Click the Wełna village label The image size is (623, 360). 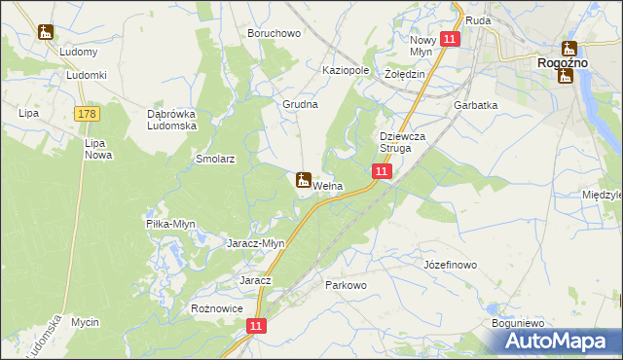pyautogui.click(x=327, y=186)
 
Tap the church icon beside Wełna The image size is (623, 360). pyautogui.click(x=303, y=180)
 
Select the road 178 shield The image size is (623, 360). pyautogui.click(x=87, y=115)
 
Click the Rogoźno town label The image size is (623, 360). pyautogui.click(x=563, y=62)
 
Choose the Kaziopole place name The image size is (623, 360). pyautogui.click(x=346, y=71)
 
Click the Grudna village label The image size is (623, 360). pyautogui.click(x=301, y=104)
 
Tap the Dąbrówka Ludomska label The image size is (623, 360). pyautogui.click(x=171, y=120)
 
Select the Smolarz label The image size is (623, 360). pyautogui.click(x=215, y=157)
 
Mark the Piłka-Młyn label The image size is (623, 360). pyautogui.click(x=170, y=224)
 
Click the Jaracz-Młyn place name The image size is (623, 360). pyautogui.click(x=255, y=243)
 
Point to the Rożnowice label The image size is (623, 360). pyautogui.click(x=216, y=307)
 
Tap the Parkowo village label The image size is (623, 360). pyautogui.click(x=346, y=285)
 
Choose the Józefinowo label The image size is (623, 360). pyautogui.click(x=450, y=265)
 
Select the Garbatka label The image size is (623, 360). pyautogui.click(x=475, y=105)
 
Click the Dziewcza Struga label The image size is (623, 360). pyautogui.click(x=403, y=142)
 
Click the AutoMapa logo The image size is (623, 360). pyautogui.click(x=560, y=341)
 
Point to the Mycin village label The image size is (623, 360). pyautogui.click(x=86, y=321)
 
